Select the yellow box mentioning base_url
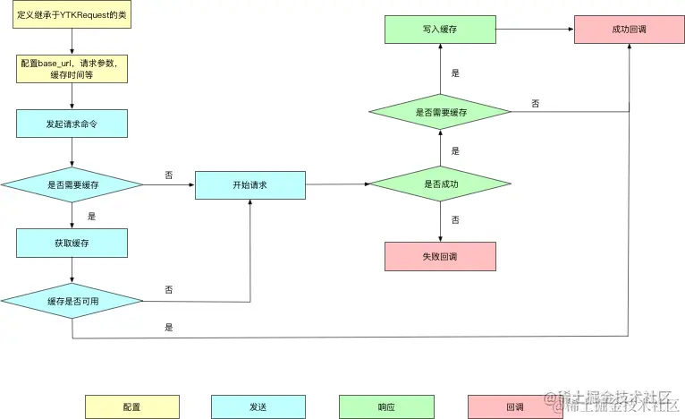tap(72, 69)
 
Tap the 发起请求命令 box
tap(72, 124)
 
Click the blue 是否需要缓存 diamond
tap(72, 184)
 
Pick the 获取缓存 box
tap(72, 243)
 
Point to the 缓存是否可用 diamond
tap(72, 301)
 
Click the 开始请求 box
tap(250, 184)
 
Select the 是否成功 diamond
tap(441, 184)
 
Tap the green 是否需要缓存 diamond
tap(441, 112)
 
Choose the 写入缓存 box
tap(441, 29)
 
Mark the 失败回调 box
tap(440, 256)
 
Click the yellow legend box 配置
tap(131, 406)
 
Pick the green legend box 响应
tap(386, 406)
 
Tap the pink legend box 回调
tap(514, 406)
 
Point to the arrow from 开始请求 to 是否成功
tap(337, 184)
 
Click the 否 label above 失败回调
tap(455, 219)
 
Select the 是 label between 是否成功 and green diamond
tap(455, 150)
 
